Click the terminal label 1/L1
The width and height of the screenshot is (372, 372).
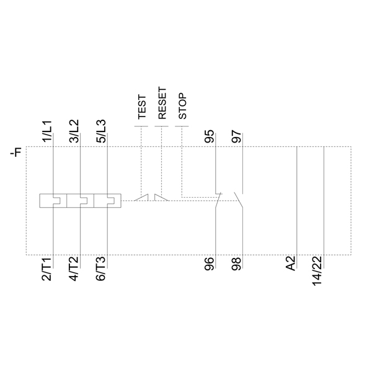[47, 131]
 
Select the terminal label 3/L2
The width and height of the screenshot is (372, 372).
[74, 131]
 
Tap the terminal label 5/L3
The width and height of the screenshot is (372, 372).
[101, 131]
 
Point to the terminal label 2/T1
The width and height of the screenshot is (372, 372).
[47, 270]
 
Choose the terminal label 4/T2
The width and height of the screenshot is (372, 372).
[74, 270]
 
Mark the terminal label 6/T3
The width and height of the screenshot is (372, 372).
[101, 270]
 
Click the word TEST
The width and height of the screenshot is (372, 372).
[141, 107]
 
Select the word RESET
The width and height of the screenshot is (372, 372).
[162, 103]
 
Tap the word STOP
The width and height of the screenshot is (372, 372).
[182, 106]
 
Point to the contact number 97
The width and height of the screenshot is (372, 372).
[236, 137]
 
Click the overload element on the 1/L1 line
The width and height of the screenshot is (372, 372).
[54, 200]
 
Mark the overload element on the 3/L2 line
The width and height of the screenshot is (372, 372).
[81, 200]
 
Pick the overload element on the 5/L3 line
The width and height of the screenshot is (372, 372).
[108, 200]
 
